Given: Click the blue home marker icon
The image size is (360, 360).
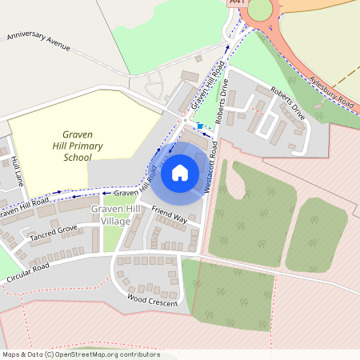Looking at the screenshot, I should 179,173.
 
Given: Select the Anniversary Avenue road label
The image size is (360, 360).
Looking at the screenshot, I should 38,42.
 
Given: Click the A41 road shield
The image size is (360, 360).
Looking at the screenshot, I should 235,3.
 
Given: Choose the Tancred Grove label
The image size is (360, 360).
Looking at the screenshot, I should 54,234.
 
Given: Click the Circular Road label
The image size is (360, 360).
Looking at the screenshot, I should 28,272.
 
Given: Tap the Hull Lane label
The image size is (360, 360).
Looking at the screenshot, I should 17,171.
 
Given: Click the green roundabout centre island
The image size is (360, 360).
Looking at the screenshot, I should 261,9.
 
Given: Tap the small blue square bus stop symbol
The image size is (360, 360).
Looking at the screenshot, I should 199,126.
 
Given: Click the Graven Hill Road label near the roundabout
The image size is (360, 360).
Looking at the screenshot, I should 206,90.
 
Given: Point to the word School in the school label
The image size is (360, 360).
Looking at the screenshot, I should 77,158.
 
